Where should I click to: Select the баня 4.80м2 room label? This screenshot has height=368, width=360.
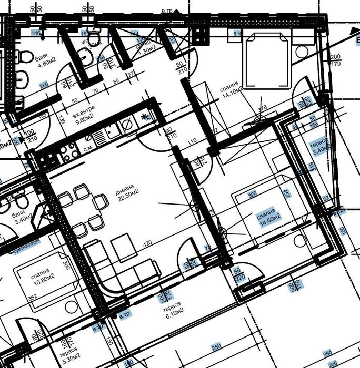45,63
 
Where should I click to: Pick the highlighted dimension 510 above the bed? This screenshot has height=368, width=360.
238,34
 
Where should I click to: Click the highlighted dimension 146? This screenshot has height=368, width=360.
36,33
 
